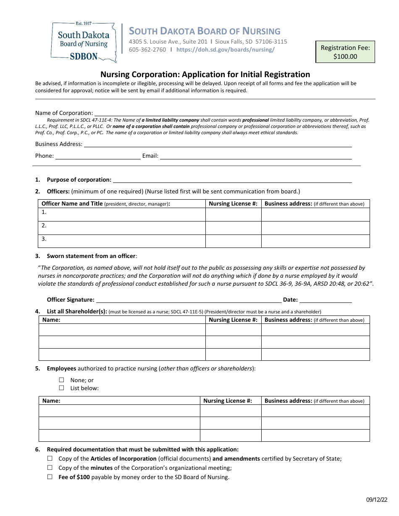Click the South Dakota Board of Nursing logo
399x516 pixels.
pos(83,41)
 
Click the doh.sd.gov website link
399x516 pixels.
pos(225,50)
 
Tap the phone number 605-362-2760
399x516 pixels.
pos(147,50)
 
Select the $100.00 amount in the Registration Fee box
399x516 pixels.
pos(345,56)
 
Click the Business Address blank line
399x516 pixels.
pos(218,144)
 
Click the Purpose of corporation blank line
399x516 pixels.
pos(232,180)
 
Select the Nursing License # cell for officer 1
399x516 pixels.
pos(233,214)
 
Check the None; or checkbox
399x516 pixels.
pos(61,380)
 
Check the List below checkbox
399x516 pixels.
pos(61,388)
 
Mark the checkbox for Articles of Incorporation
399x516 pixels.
pos(50,459)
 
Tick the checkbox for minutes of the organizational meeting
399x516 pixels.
pos(50,468)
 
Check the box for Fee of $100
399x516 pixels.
pos(50,477)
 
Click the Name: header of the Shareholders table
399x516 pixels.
pos(51,320)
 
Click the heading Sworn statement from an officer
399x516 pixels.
pos(91,256)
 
